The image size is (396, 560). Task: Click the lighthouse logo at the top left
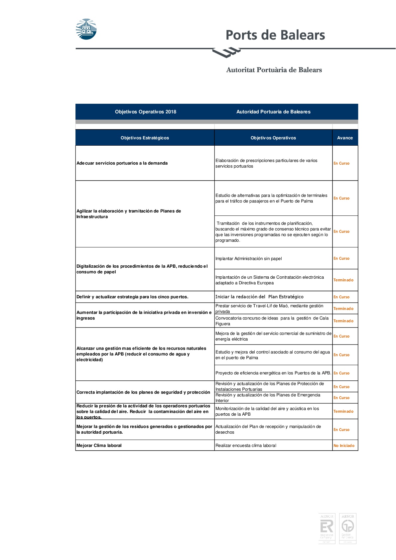[86, 29]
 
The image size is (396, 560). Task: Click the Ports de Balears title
[275, 35]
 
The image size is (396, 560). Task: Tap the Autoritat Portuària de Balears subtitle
[274, 70]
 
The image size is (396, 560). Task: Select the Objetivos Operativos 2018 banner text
[146, 112]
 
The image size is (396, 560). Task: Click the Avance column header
[345, 138]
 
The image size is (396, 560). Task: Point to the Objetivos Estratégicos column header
[145, 138]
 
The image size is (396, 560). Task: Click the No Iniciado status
[344, 446]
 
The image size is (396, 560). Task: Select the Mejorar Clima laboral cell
[99, 446]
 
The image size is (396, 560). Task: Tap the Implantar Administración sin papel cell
[248, 259]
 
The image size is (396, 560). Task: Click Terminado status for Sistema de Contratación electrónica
[343, 280]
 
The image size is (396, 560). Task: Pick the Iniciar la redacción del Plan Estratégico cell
[259, 297]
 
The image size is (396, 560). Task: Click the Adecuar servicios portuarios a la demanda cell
[122, 163]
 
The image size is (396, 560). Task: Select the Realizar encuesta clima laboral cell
[246, 446]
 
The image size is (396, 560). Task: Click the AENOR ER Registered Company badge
[327, 528]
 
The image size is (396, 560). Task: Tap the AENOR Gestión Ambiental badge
[347, 528]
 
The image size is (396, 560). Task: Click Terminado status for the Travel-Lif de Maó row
[343, 309]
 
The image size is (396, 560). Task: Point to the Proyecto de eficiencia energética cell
[273, 373]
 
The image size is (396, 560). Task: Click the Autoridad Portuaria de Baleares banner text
[273, 112]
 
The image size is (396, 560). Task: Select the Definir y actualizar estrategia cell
[132, 297]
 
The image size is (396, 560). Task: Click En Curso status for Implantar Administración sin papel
[341, 258]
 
